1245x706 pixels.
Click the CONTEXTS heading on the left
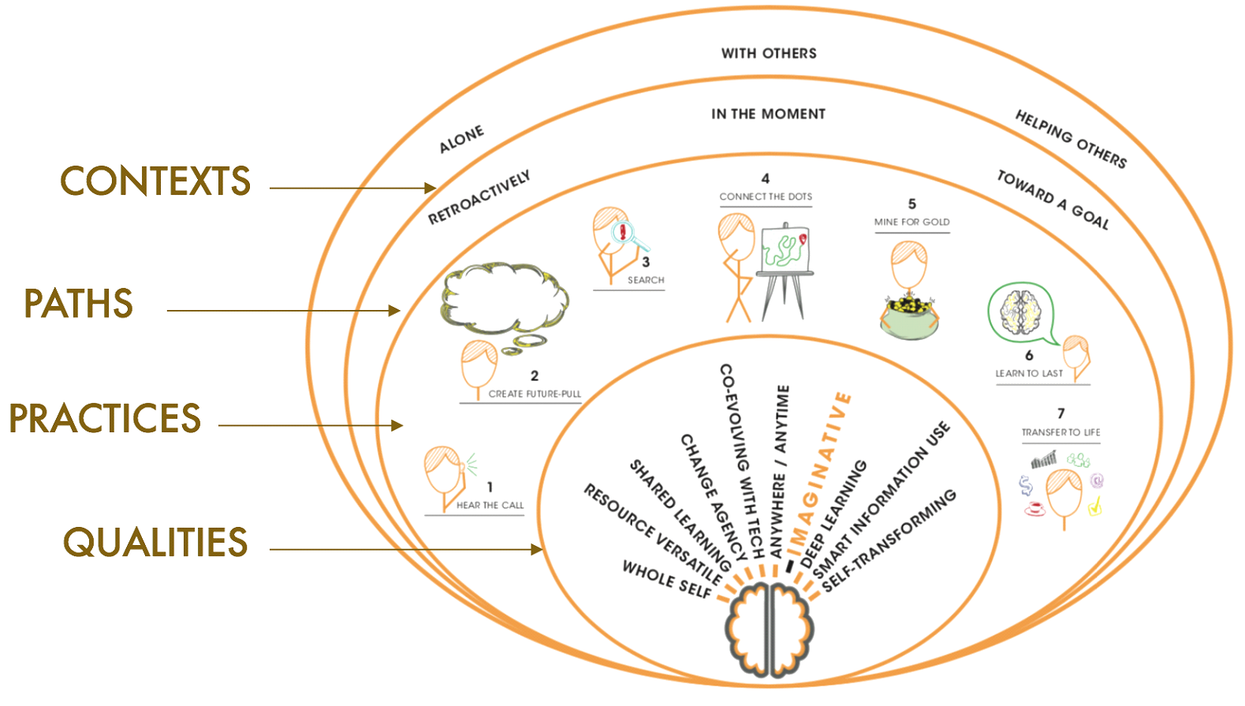[x=155, y=181]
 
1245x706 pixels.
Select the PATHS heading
[x=79, y=304]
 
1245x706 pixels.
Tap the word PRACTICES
[x=105, y=418]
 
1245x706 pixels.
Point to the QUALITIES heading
[x=155, y=543]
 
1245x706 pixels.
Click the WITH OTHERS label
[x=769, y=54]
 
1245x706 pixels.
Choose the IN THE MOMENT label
[x=768, y=114]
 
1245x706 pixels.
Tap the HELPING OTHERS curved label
[x=1071, y=139]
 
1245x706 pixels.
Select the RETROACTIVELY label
[x=479, y=197]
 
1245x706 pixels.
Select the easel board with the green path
[x=784, y=248]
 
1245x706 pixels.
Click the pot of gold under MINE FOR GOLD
[x=909, y=316]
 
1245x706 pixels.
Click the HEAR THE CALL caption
[x=490, y=506]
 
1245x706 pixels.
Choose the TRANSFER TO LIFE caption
[x=1060, y=432]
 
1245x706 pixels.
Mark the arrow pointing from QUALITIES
[x=406, y=550]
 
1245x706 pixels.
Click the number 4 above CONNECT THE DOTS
[x=765, y=179]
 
